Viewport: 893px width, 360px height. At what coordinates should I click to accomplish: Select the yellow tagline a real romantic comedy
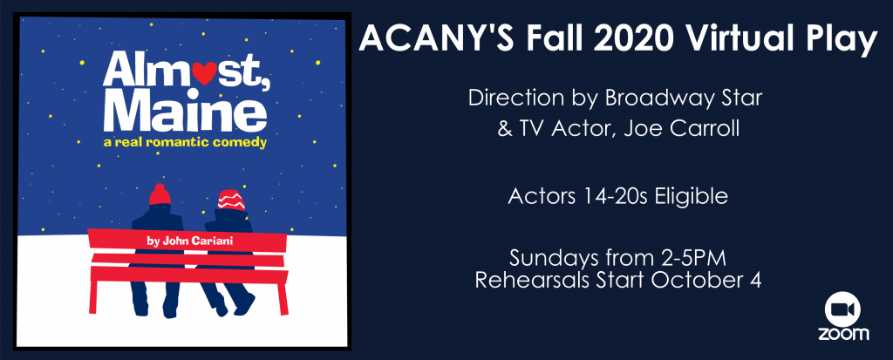185,143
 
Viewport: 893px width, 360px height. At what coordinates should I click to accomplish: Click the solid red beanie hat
160,194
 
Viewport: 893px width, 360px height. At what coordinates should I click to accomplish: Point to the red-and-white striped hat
231,200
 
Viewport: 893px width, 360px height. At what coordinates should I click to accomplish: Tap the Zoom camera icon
842,309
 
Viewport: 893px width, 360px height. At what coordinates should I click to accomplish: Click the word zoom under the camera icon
843,334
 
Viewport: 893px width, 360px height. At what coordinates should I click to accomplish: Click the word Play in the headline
835,40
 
